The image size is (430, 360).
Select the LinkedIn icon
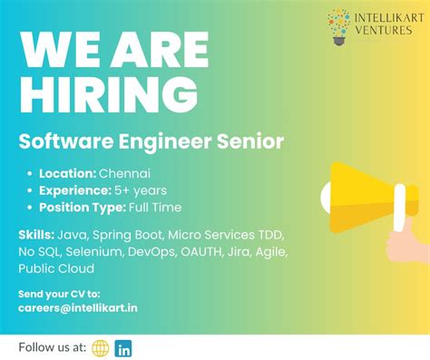[123, 348]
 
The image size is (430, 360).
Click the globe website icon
[100, 348]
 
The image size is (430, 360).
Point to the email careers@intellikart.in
[78, 307]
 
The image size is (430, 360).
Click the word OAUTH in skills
[210, 251]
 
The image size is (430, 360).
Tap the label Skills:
[35, 234]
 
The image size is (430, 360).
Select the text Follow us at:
[51, 348]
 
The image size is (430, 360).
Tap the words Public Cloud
[56, 268]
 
